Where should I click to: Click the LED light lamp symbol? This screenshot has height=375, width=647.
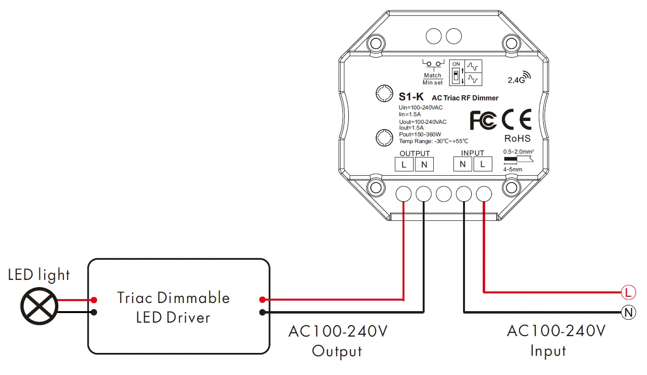click(39, 306)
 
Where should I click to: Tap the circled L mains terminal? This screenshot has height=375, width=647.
click(628, 291)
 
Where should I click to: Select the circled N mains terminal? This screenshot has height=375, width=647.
click(628, 313)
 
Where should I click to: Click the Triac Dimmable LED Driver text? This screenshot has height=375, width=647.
click(173, 307)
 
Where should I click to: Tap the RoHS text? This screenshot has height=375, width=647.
click(517, 139)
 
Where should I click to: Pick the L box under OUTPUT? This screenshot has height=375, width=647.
click(404, 165)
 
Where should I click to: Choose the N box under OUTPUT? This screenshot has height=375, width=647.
click(424, 165)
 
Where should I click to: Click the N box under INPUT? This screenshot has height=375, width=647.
click(463, 165)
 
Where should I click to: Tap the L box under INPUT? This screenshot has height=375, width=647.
click(483, 165)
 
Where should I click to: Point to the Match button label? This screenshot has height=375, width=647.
click(432, 75)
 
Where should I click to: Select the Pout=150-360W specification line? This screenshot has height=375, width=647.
click(420, 134)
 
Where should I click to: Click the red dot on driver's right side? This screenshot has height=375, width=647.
click(262, 300)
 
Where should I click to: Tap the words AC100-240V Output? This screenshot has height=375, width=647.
click(337, 341)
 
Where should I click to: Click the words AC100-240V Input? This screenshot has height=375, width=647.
click(556, 341)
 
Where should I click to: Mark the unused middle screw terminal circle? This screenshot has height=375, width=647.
click(443, 194)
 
